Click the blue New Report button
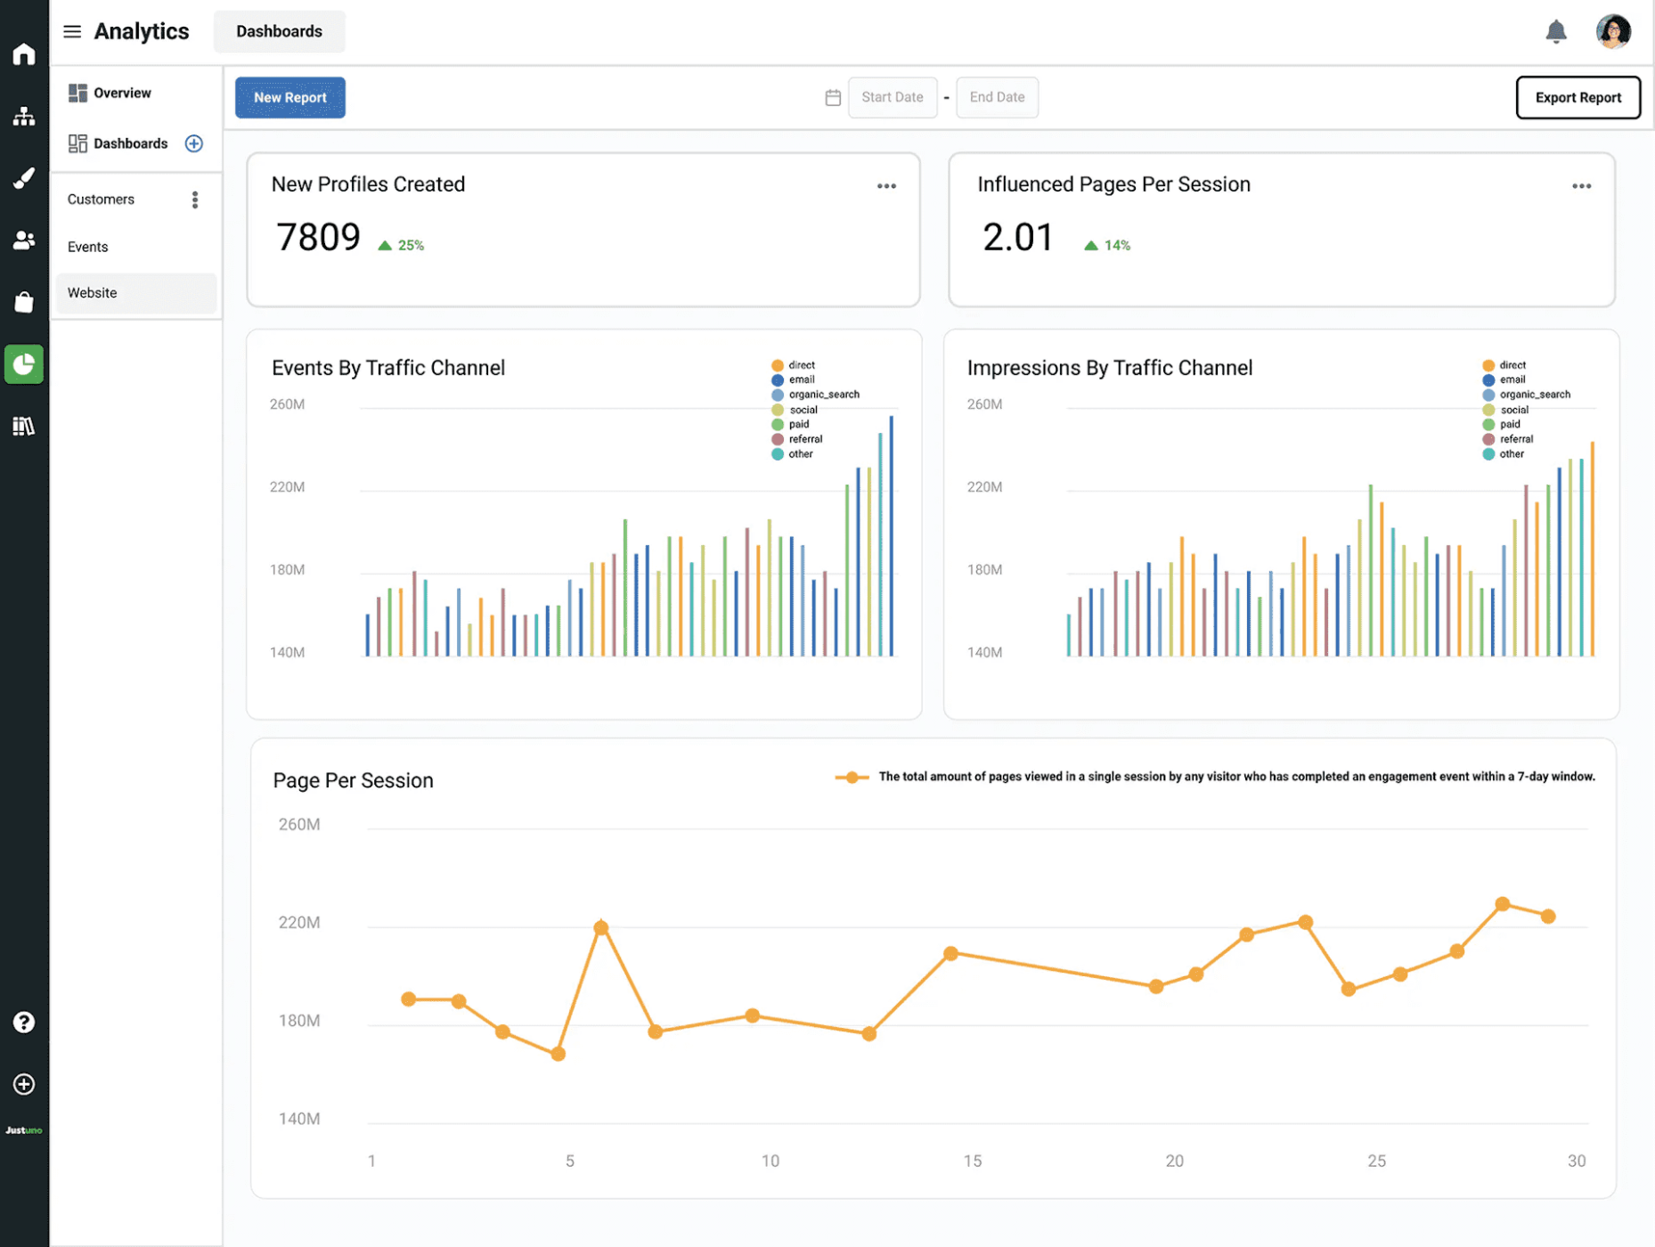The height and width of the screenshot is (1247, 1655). click(289, 97)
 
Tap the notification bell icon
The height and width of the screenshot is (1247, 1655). click(1555, 32)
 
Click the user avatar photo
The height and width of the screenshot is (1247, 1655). click(1612, 32)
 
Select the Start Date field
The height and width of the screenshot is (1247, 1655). click(892, 97)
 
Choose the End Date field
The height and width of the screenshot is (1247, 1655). click(996, 97)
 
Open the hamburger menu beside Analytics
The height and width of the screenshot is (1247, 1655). click(72, 32)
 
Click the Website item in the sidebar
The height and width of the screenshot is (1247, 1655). click(93, 293)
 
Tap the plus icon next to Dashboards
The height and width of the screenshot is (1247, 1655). click(193, 143)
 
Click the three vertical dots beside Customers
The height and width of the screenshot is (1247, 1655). click(195, 200)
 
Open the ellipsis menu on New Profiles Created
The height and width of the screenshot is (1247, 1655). click(885, 186)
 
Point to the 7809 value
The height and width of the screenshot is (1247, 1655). click(318, 238)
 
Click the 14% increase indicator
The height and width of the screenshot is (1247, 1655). click(1107, 245)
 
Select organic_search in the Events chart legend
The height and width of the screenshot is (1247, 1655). click(823, 395)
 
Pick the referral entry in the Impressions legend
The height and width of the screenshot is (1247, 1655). click(1515, 439)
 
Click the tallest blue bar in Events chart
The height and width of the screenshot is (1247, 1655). click(891, 534)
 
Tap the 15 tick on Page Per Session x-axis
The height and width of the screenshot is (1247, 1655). click(972, 1161)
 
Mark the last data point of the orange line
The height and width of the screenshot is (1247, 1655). click(1548, 916)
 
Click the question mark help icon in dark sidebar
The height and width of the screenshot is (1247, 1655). click(24, 1023)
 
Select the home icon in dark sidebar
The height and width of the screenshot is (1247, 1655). click(24, 54)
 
